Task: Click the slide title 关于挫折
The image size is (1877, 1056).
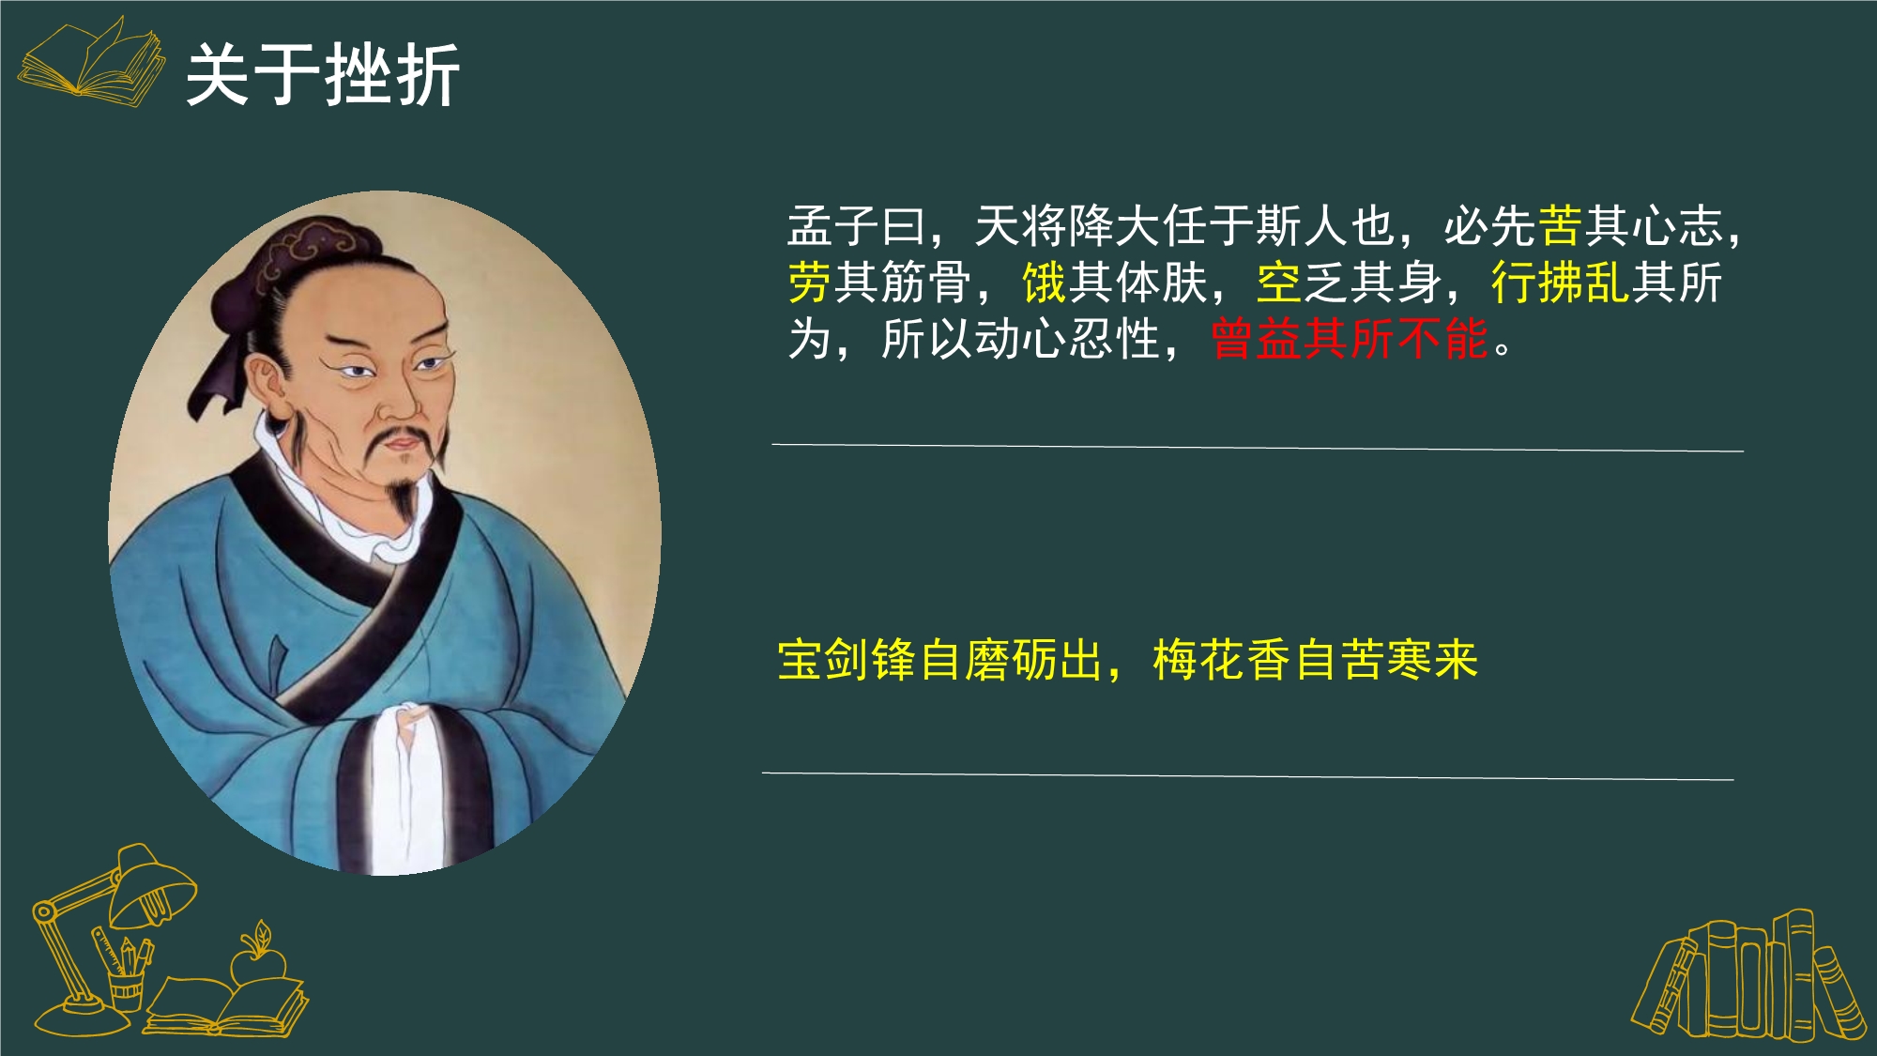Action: point(322,75)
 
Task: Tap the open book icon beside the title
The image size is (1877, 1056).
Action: point(91,61)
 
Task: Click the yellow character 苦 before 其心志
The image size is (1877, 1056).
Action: point(1560,226)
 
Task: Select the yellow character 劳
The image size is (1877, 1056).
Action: point(810,283)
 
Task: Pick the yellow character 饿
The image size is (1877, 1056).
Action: point(1045,283)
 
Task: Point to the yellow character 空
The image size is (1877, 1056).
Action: point(1279,283)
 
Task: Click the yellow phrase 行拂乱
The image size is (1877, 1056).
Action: point(1560,283)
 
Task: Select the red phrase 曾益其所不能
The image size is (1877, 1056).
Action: point(1350,339)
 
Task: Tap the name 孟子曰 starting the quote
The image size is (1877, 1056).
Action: point(856,226)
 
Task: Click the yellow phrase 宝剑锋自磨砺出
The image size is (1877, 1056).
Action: point(940,660)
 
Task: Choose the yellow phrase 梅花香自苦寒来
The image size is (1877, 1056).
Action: point(1315,660)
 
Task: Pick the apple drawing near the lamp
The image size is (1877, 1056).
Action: point(257,957)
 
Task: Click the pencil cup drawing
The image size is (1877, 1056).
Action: point(125,981)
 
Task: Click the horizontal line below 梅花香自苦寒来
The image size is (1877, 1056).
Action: point(1247,776)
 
